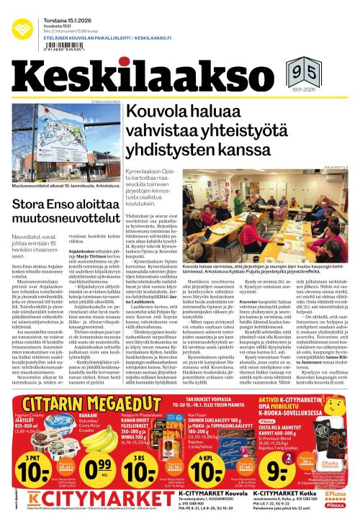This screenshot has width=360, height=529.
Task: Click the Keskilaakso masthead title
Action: tap(145, 78)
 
